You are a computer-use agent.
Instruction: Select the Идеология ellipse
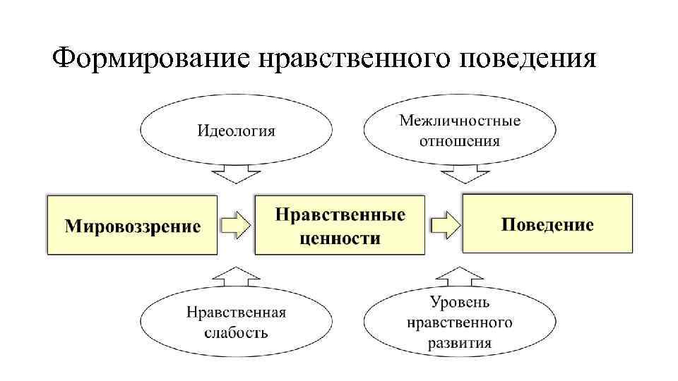coord(236,131)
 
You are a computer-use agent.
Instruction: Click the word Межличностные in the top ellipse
coord(460,121)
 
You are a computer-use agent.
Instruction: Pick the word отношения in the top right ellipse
coord(460,140)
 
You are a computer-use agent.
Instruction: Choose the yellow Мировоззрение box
coord(132,225)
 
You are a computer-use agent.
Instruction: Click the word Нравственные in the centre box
coord(340,214)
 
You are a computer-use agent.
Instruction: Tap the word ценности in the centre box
coord(340,238)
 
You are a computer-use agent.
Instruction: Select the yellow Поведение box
coord(547,225)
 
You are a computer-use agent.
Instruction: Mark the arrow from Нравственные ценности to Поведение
coord(444,225)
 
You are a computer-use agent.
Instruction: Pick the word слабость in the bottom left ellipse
coord(236,332)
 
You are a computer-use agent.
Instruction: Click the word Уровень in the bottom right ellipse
coord(460,303)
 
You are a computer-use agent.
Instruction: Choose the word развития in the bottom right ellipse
coord(460,343)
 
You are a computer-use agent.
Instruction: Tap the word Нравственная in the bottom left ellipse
coord(236,312)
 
